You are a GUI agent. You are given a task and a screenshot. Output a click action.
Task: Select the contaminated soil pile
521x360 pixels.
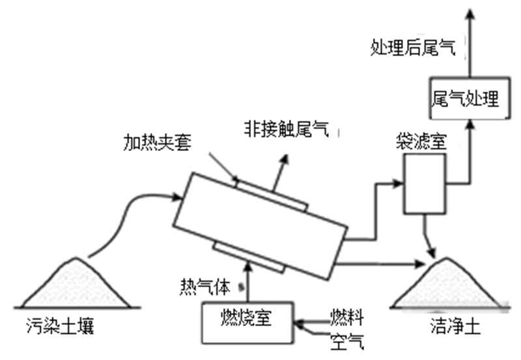tap(73, 286)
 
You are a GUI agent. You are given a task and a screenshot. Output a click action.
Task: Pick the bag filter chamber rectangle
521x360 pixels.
tap(423, 184)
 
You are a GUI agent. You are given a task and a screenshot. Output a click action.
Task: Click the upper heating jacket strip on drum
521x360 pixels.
tap(270, 194)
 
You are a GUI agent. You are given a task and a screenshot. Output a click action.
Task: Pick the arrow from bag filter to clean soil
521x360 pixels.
tap(428, 238)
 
